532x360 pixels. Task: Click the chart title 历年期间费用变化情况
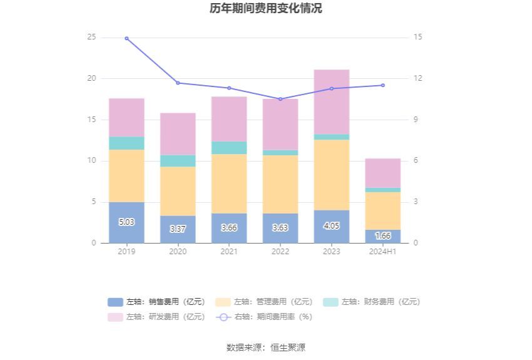coord(266,9)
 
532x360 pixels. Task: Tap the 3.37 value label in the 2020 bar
coord(178,229)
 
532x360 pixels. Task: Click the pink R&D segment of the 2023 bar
coord(332,101)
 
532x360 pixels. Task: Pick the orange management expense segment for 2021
coord(229,183)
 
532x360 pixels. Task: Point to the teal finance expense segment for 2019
coord(126,143)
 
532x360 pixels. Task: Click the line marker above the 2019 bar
coord(126,38)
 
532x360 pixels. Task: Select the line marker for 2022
coord(280,99)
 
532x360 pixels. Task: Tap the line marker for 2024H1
coord(383,85)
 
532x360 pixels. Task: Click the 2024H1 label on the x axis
coord(383,252)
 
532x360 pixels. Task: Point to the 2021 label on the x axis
coord(229,252)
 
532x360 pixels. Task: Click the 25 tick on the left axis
coord(92,38)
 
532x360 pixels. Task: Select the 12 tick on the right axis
coord(418,79)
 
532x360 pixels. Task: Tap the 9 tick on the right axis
coord(418,120)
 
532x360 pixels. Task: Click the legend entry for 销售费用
coord(156,302)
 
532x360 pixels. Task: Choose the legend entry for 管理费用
coord(263,302)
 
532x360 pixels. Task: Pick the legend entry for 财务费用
coord(371,302)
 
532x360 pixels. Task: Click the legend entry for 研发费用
coord(156,317)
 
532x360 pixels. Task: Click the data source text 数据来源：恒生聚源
coord(266,347)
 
